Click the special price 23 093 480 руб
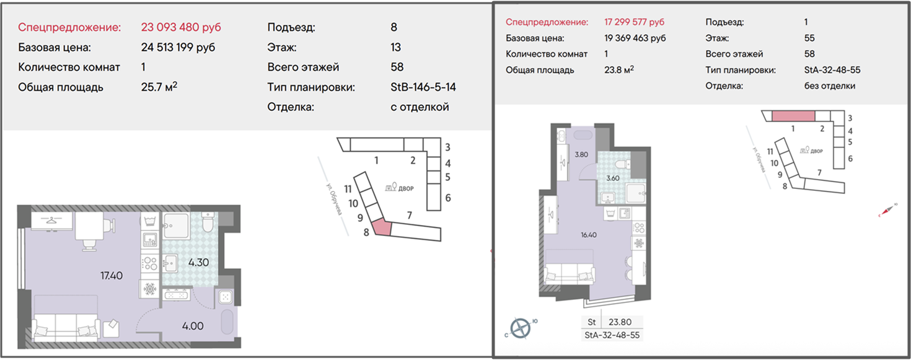click(x=181, y=27)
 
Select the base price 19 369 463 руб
click(x=635, y=38)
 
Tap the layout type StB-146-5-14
click(x=423, y=87)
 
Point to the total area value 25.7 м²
click(x=159, y=87)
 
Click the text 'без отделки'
click(x=830, y=86)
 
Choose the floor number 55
click(x=809, y=38)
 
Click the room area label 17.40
click(x=112, y=276)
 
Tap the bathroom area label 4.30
click(x=198, y=262)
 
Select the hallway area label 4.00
click(x=193, y=327)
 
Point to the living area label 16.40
click(x=589, y=235)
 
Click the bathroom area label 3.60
click(x=613, y=178)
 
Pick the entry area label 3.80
click(x=581, y=154)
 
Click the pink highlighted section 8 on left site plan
click(x=382, y=227)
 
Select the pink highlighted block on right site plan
click(x=793, y=116)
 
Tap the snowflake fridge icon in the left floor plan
click(x=150, y=289)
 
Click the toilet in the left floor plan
click(x=208, y=222)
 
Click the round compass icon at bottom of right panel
click(x=521, y=328)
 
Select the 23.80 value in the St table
click(x=620, y=322)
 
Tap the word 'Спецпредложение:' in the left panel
click(x=69, y=27)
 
